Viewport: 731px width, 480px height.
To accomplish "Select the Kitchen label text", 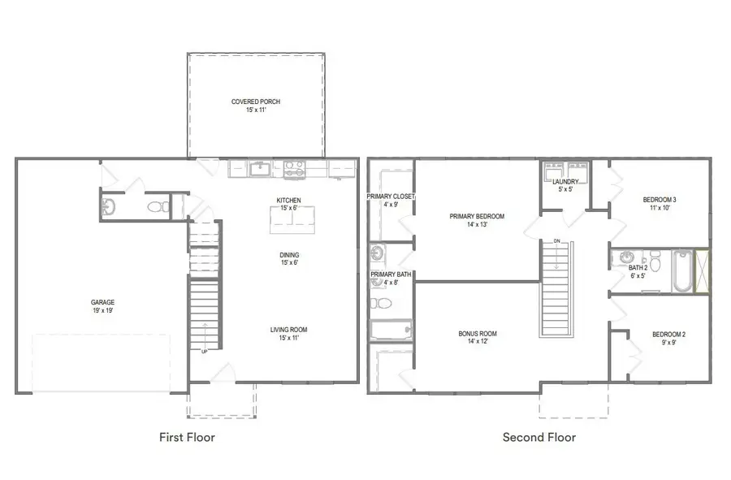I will point(288,200).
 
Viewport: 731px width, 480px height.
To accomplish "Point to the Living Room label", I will point(288,330).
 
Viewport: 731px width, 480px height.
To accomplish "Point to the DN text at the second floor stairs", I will point(556,241).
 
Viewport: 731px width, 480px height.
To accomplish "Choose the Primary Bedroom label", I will point(477,217).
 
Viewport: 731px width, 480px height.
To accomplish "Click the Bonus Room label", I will point(477,335).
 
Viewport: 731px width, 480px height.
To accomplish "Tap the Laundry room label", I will point(564,182).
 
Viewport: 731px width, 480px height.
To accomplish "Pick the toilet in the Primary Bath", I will point(380,304).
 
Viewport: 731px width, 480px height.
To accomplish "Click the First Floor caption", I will point(187,437).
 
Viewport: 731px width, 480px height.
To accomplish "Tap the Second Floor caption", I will point(539,437).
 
